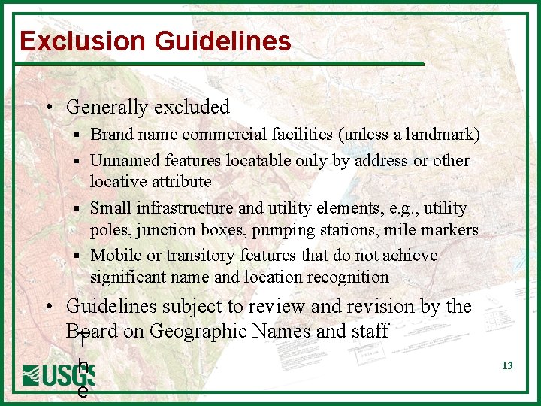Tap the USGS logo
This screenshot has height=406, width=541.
[58, 375]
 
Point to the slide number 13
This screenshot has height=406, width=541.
[507, 365]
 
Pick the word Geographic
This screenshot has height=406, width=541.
[198, 331]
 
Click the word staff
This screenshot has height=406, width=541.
[370, 331]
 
